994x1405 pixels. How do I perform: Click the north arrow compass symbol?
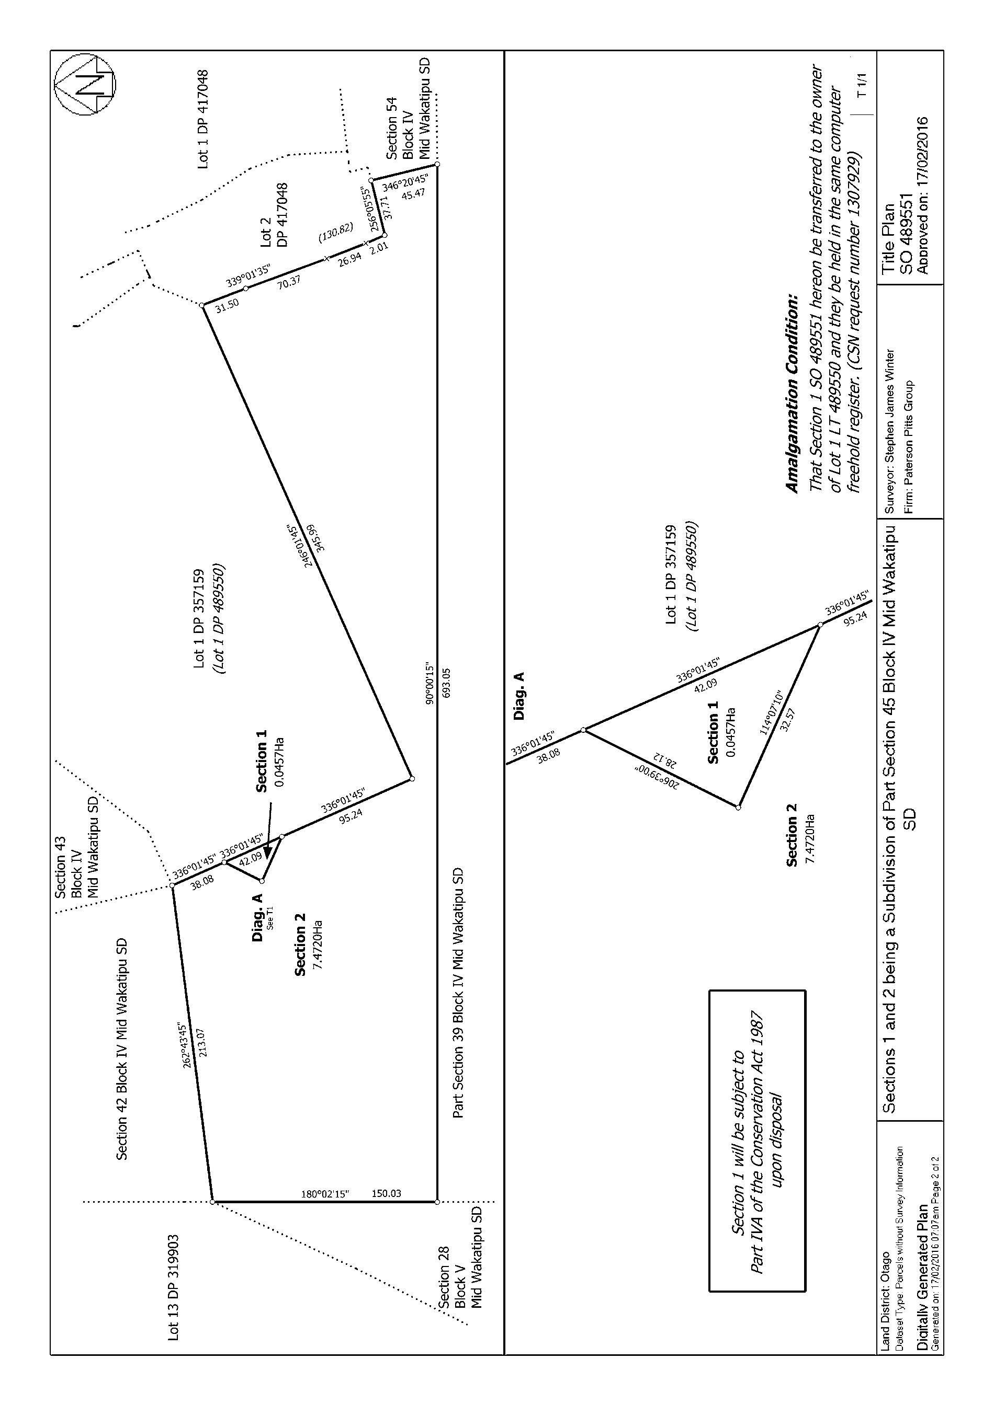click(x=85, y=84)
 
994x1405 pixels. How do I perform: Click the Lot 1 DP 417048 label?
click(x=204, y=119)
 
